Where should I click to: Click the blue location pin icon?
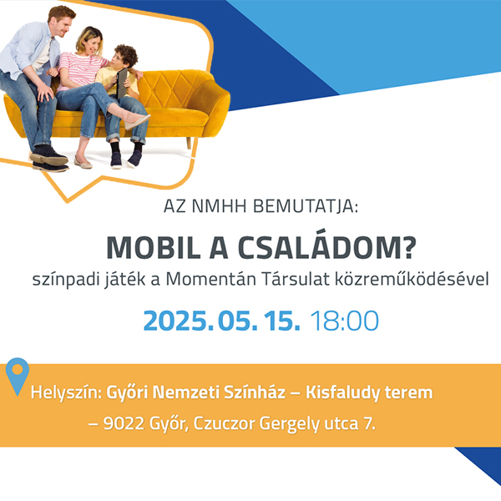pos(18,376)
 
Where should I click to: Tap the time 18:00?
pos(344,321)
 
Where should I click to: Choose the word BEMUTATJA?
pos(306,206)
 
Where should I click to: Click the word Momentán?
pos(211,279)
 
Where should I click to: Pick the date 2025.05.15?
pos(221,321)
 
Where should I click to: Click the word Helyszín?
pos(66,393)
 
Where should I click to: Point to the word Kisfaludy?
pos(342,393)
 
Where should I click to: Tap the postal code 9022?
pos(124,424)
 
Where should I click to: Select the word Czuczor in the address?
pos(224,424)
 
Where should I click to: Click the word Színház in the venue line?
pos(255,392)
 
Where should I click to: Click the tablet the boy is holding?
pos(122,83)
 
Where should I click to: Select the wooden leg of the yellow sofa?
pos(189,143)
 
